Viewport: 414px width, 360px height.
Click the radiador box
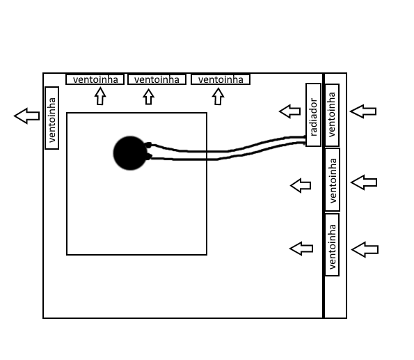(x=313, y=115)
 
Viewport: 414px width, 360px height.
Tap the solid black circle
(x=130, y=153)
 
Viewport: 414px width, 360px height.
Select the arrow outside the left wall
(x=27, y=116)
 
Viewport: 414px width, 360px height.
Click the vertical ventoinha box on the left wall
(x=51, y=118)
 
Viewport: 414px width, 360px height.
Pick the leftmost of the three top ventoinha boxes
(x=95, y=79)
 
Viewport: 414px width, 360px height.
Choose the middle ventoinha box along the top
(x=157, y=79)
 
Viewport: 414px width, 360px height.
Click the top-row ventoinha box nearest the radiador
(x=221, y=79)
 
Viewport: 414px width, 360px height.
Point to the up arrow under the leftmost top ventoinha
(x=100, y=96)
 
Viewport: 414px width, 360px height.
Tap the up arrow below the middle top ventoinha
(x=148, y=97)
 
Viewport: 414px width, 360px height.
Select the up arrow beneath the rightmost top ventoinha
(x=218, y=96)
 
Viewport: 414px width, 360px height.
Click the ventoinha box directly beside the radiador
(x=332, y=115)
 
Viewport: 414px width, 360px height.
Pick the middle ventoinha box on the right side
(x=333, y=180)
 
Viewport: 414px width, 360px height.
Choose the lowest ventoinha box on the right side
(x=332, y=244)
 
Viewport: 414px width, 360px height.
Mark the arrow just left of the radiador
(x=290, y=111)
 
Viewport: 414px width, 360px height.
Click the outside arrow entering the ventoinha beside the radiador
(x=363, y=111)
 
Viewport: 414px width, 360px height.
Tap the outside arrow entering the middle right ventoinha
(x=364, y=182)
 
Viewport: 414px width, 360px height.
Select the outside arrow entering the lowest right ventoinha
(x=365, y=249)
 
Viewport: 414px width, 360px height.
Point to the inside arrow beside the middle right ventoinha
(x=301, y=185)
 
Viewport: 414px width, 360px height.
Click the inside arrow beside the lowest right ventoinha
(x=301, y=249)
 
